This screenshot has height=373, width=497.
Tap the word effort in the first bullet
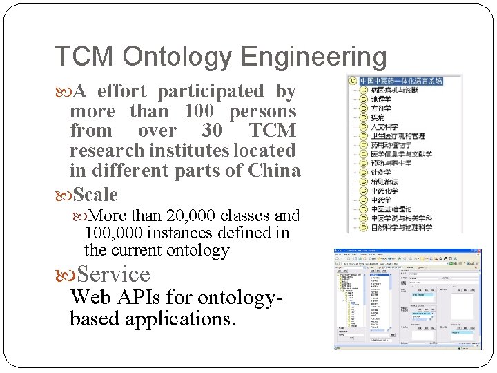pyautogui.click(x=124, y=91)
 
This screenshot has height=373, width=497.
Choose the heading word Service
pyautogui.click(x=114, y=274)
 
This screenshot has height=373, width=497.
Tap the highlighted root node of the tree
pyautogui.click(x=401, y=81)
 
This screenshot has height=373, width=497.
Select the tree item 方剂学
pyautogui.click(x=381, y=108)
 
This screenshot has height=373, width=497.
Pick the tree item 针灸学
pyautogui.click(x=381, y=172)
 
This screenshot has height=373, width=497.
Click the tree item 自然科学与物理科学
pyautogui.click(x=401, y=227)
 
